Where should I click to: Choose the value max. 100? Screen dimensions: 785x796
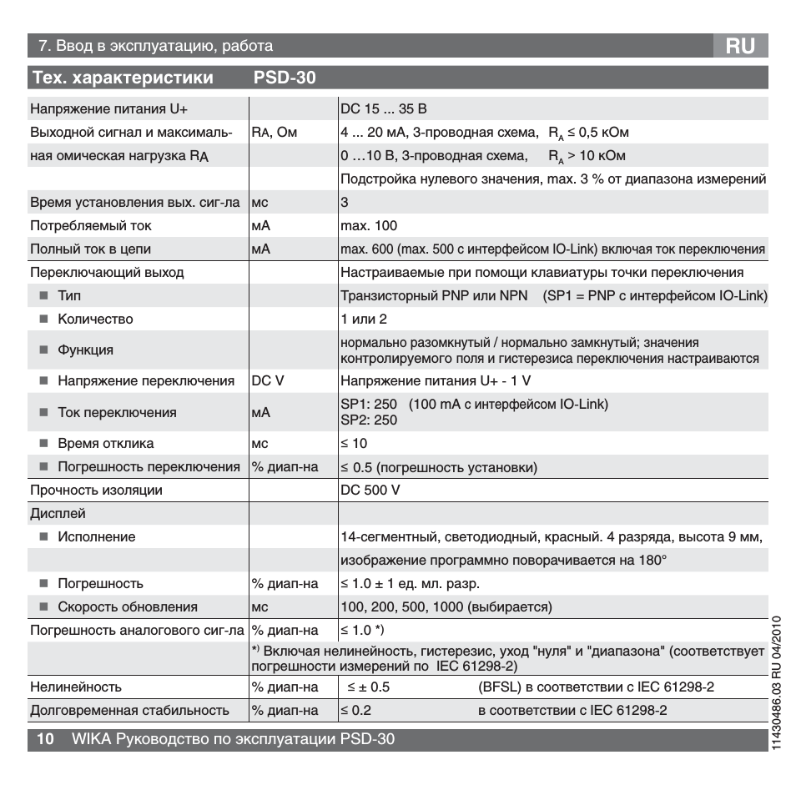[x=369, y=226]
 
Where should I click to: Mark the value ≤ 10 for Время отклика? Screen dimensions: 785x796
[x=354, y=443]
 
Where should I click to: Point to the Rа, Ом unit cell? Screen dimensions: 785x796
[x=274, y=133]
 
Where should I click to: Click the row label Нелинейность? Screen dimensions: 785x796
[x=76, y=687]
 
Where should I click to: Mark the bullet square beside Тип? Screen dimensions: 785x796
[x=43, y=296]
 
